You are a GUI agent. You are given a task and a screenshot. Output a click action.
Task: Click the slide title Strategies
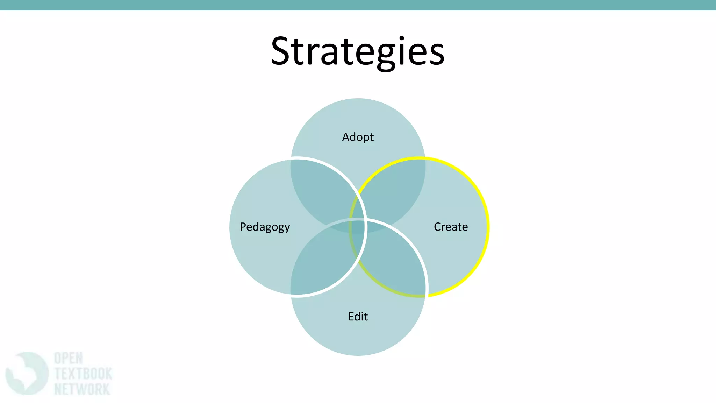click(x=357, y=51)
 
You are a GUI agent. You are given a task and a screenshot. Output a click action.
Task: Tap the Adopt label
click(x=358, y=137)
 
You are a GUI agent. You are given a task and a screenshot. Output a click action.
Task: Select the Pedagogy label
click(x=265, y=227)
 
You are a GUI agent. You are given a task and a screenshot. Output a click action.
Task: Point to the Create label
click(x=451, y=227)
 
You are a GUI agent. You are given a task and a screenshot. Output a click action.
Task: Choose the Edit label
click(x=358, y=317)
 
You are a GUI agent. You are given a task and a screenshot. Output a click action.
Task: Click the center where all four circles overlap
click(x=357, y=227)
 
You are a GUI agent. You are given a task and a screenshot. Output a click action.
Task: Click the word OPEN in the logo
click(x=69, y=359)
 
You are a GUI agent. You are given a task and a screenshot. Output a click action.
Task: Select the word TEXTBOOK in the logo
click(x=83, y=374)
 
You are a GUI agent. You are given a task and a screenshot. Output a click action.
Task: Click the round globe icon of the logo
click(x=27, y=374)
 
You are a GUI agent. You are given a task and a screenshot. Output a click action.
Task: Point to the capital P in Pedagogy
click(x=243, y=227)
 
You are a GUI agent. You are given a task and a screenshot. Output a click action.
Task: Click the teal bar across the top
click(x=358, y=5)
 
